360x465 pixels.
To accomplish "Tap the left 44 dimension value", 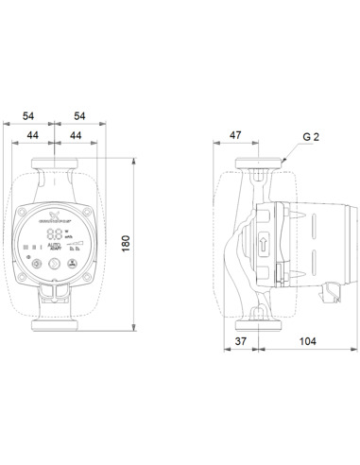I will [x=34, y=136].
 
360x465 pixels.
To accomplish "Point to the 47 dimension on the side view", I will [x=235, y=136].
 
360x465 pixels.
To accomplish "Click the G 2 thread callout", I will [x=311, y=136].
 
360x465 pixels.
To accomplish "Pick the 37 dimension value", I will [x=243, y=340].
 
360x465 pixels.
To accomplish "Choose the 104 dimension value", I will [x=307, y=340].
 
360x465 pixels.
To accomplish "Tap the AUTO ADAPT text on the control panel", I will [x=55, y=246].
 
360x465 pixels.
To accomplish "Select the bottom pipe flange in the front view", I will [x=57, y=323].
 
